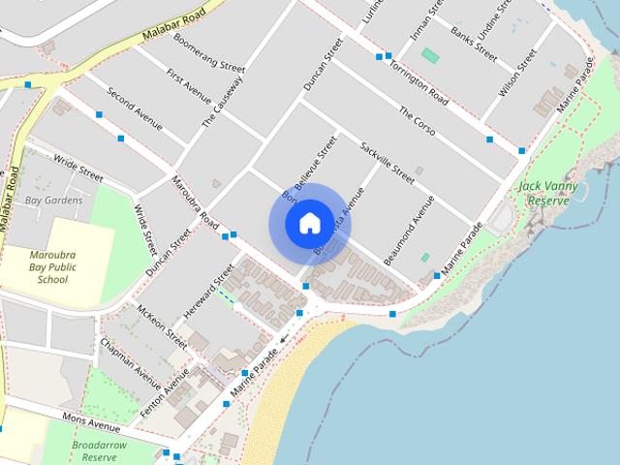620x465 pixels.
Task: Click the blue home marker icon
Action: tap(309, 224)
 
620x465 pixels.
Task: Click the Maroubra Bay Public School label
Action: tap(52, 265)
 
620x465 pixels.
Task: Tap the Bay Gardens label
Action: tap(53, 201)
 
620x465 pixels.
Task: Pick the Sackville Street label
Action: tap(387, 161)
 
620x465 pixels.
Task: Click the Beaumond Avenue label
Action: tap(408, 225)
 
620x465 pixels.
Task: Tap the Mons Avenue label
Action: tap(90, 423)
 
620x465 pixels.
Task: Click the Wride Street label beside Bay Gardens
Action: tap(78, 170)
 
